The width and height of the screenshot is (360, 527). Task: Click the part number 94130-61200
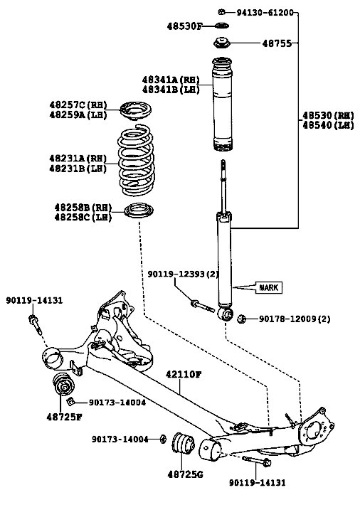pyautogui.click(x=265, y=13)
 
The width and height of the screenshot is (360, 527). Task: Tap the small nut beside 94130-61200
pyautogui.click(x=221, y=12)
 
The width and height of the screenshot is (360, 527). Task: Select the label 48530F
pyautogui.click(x=185, y=26)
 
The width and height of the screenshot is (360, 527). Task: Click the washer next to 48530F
pyautogui.click(x=221, y=26)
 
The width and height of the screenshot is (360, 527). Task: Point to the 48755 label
pyautogui.click(x=277, y=43)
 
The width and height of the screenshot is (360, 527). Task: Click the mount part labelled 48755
pyautogui.click(x=221, y=43)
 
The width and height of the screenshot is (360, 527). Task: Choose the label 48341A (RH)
pyautogui.click(x=171, y=80)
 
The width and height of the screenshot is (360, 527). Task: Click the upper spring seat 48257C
pyautogui.click(x=136, y=110)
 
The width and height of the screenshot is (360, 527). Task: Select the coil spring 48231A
pyautogui.click(x=136, y=160)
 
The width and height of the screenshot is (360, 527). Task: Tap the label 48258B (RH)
pyautogui.click(x=83, y=208)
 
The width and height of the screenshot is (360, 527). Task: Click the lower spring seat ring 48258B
pyautogui.click(x=139, y=211)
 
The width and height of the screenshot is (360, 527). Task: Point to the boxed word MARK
pyautogui.click(x=269, y=288)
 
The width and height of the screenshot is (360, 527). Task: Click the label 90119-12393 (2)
pyautogui.click(x=183, y=275)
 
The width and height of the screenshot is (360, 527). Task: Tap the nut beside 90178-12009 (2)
pyautogui.click(x=241, y=319)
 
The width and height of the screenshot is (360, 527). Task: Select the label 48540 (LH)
pyautogui.click(x=328, y=125)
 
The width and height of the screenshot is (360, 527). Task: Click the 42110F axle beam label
pyautogui.click(x=184, y=374)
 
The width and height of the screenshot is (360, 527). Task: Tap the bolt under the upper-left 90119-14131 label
pyautogui.click(x=35, y=324)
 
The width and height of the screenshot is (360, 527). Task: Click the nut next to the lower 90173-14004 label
pyautogui.click(x=163, y=439)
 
